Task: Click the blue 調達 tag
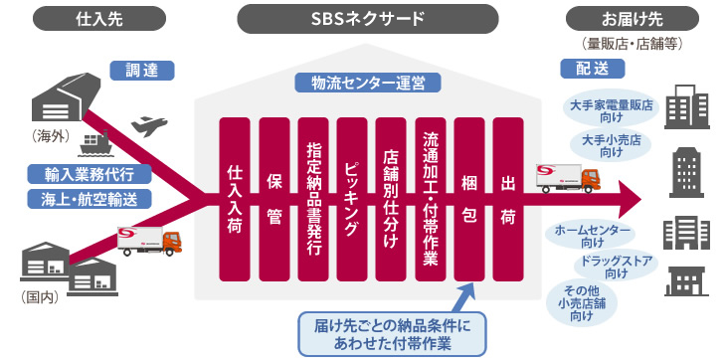click(x=142, y=71)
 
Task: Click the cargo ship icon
click(x=96, y=140)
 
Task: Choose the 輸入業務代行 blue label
click(x=91, y=174)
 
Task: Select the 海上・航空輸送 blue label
click(x=91, y=198)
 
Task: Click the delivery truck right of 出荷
click(x=569, y=178)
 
